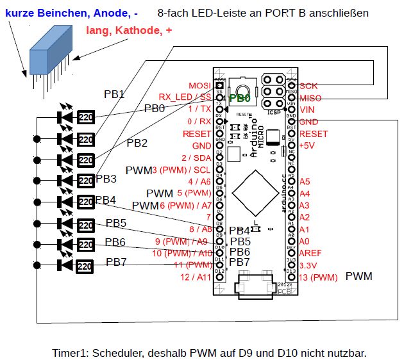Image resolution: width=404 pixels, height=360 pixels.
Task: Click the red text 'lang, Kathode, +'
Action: click(x=129, y=30)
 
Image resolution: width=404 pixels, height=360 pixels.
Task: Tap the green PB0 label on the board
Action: click(x=240, y=99)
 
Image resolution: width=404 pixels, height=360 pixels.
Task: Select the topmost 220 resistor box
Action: click(x=86, y=117)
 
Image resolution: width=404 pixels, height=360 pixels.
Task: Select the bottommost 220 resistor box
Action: click(x=86, y=265)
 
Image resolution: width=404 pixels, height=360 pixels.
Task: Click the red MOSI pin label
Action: click(x=199, y=86)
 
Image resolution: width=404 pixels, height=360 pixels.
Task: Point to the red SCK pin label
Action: click(x=308, y=86)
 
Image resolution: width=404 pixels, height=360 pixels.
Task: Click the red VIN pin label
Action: click(x=307, y=110)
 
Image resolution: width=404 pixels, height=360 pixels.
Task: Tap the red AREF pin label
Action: click(x=311, y=253)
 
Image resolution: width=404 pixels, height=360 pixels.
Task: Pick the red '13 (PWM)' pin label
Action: click(x=317, y=277)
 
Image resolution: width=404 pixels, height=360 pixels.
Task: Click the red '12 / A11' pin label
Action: click(x=196, y=277)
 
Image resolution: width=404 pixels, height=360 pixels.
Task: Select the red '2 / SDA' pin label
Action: click(x=196, y=158)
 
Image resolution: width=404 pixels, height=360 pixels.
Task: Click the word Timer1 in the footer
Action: click(x=71, y=353)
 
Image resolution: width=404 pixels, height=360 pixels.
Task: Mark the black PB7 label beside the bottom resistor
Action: click(x=116, y=262)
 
